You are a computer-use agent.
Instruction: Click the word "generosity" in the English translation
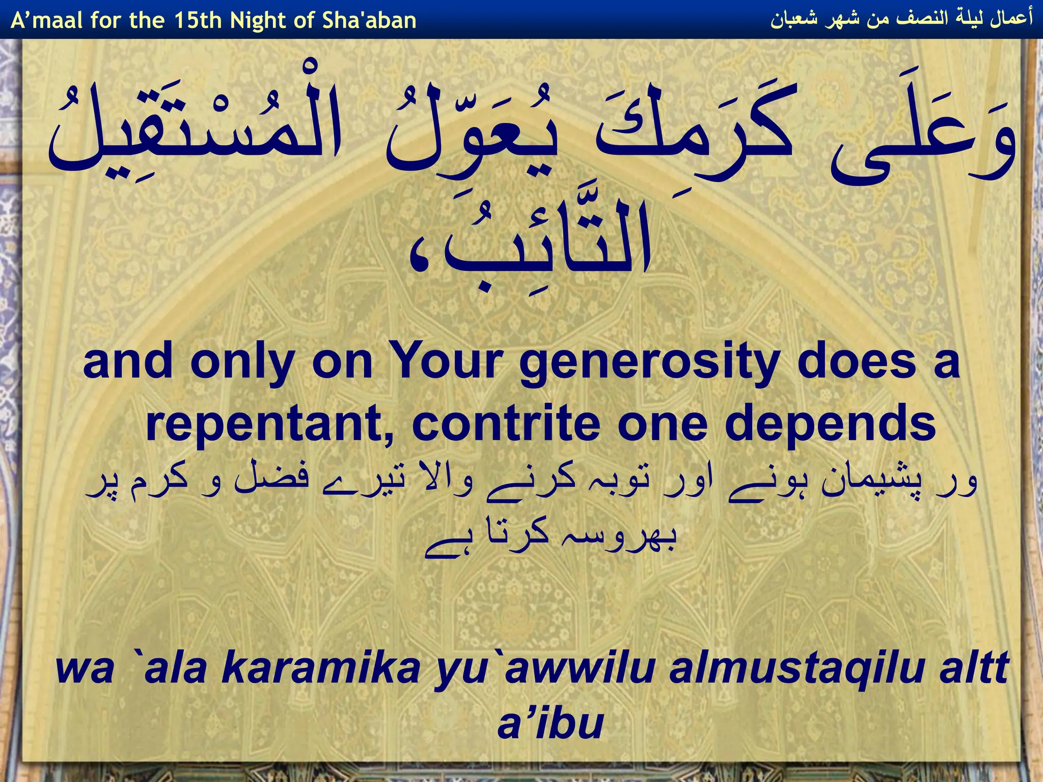coord(649,363)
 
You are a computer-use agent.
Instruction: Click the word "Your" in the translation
coord(448,362)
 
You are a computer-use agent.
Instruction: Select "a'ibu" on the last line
coord(550,723)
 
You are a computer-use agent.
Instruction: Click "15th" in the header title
coord(198,20)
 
